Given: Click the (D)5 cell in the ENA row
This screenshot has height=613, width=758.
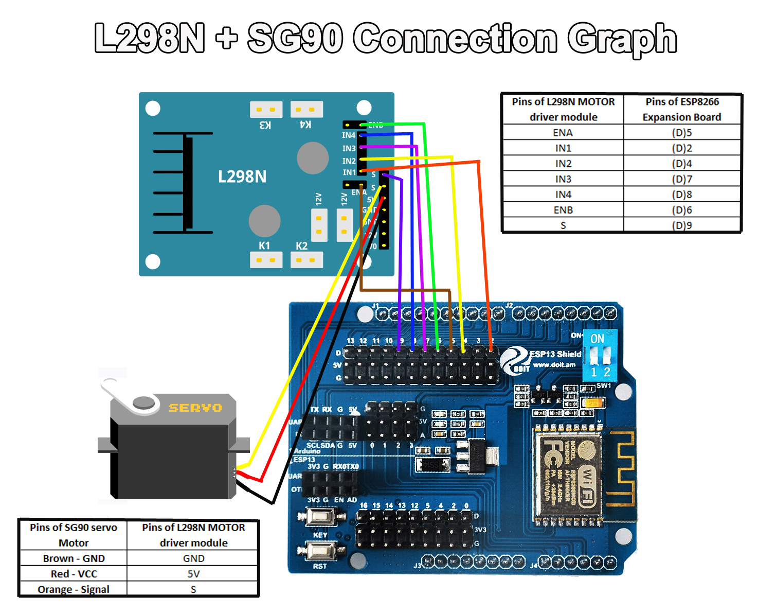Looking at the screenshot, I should pyautogui.click(x=681, y=132).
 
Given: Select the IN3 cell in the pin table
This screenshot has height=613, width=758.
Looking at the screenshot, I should pyautogui.click(x=563, y=179).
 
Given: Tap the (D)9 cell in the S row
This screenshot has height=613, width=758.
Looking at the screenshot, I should pyautogui.click(x=681, y=225).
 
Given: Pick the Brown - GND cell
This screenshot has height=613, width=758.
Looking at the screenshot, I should pyautogui.click(x=74, y=558).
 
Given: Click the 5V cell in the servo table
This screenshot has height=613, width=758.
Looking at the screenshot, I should pyautogui.click(x=193, y=574).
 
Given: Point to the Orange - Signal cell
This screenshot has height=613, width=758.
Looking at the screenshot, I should pyautogui.click(x=74, y=589).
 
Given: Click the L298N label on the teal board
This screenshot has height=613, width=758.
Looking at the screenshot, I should pyautogui.click(x=242, y=177).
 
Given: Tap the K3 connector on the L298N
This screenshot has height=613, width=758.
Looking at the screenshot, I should pyautogui.click(x=266, y=110).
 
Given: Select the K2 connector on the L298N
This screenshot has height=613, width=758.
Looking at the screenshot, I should pyautogui.click(x=306, y=259).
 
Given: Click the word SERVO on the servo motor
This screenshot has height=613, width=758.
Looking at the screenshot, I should pyautogui.click(x=195, y=408).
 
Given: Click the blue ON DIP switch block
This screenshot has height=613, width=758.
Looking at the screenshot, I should pyautogui.click(x=600, y=355).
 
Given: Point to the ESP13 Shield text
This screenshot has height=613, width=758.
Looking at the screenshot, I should pyautogui.click(x=555, y=354).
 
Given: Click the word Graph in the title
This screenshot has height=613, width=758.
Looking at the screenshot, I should pyautogui.click(x=622, y=39).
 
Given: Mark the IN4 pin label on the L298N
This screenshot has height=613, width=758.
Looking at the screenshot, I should pyautogui.click(x=349, y=135).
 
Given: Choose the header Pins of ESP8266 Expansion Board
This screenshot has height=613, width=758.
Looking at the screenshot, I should pyautogui.click(x=682, y=109).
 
